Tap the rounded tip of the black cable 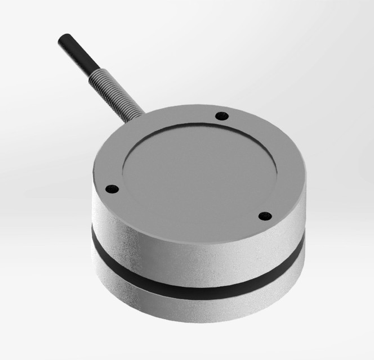[61, 39]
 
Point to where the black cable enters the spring [93, 72]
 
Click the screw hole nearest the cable [222, 116]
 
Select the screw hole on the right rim [264, 215]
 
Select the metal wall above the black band [186, 256]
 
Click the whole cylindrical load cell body [197, 225]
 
